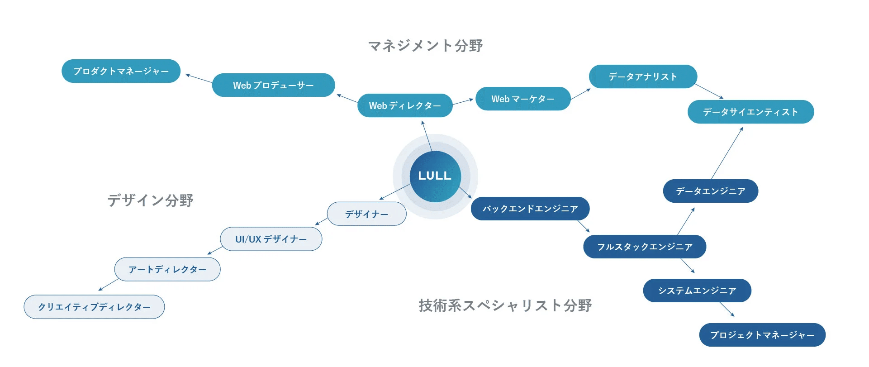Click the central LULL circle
435,176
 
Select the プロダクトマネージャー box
121,71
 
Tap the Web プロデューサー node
273,85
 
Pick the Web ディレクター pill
405,105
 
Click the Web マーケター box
523,99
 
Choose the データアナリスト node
643,76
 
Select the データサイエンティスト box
750,112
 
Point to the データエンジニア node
710,191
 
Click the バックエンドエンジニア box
530,209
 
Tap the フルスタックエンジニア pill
645,247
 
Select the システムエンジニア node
697,291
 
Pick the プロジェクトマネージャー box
762,335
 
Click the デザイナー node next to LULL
366,214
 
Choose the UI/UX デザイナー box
271,239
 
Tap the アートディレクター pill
167,269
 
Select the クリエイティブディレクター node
94,307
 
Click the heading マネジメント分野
425,46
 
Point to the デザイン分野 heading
150,200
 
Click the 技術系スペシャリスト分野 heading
505,305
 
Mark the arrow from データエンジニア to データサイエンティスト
727,153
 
